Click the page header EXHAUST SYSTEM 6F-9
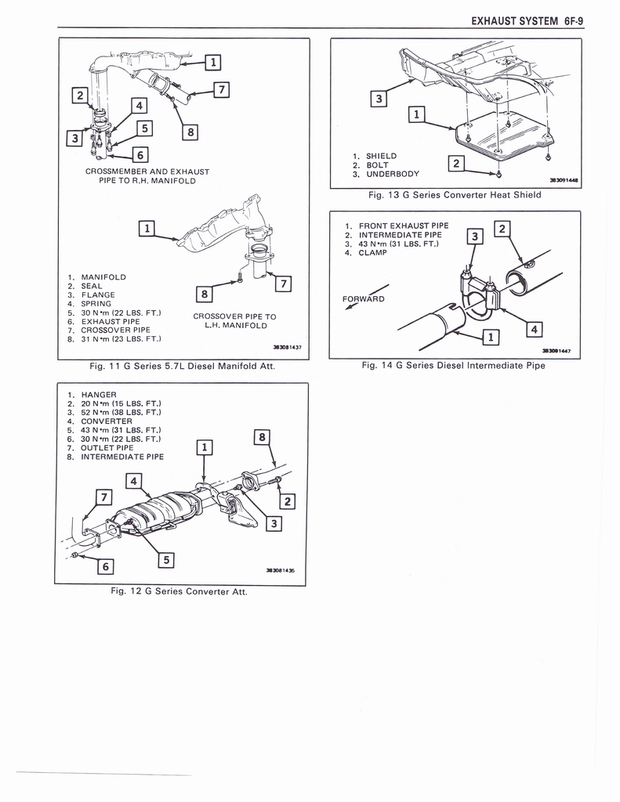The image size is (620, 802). [527, 22]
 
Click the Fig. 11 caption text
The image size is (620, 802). [182, 366]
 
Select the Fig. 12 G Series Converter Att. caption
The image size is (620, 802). [179, 591]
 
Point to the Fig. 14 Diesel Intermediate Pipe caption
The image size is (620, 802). [453, 365]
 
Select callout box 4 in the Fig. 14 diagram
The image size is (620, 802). [535, 330]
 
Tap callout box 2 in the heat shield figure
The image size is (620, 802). [455, 163]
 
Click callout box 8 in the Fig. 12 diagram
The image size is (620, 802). [263, 438]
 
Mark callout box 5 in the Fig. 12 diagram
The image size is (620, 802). [165, 559]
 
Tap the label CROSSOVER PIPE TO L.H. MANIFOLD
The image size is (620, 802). [234, 321]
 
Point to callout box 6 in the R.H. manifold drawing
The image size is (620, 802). [139, 154]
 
